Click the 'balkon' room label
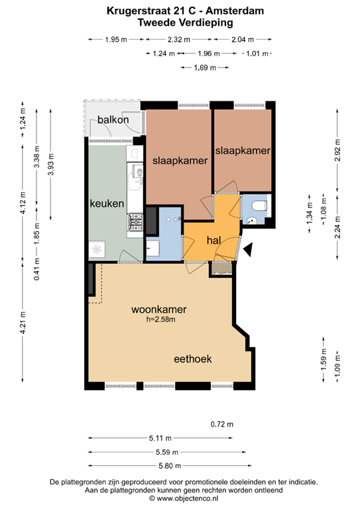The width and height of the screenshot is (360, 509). tap(113, 120)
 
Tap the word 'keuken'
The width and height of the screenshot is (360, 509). tap(107, 203)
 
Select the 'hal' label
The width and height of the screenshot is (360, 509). tap(213, 240)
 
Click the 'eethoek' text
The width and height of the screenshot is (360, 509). tap(193, 359)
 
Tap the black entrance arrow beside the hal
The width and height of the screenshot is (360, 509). tap(249, 250)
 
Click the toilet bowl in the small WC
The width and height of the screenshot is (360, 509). tap(259, 205)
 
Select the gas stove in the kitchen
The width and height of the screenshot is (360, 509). tap(135, 222)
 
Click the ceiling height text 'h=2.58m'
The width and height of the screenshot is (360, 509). tap(160, 319)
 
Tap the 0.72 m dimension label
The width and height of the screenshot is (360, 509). tap(222, 424)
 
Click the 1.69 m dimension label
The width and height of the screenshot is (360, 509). tap(205, 68)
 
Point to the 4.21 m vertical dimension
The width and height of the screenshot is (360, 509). tap(23, 323)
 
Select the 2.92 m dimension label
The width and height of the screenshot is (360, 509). tap(337, 150)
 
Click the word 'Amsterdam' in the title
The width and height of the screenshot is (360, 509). tap(235, 11)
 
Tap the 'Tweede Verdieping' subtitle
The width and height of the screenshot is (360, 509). tap(186, 23)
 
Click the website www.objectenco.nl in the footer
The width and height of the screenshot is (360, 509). tap(188, 498)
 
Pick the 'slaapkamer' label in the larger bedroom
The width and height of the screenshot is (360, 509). tap(180, 160)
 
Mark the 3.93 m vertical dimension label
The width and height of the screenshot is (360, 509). tap(50, 164)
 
